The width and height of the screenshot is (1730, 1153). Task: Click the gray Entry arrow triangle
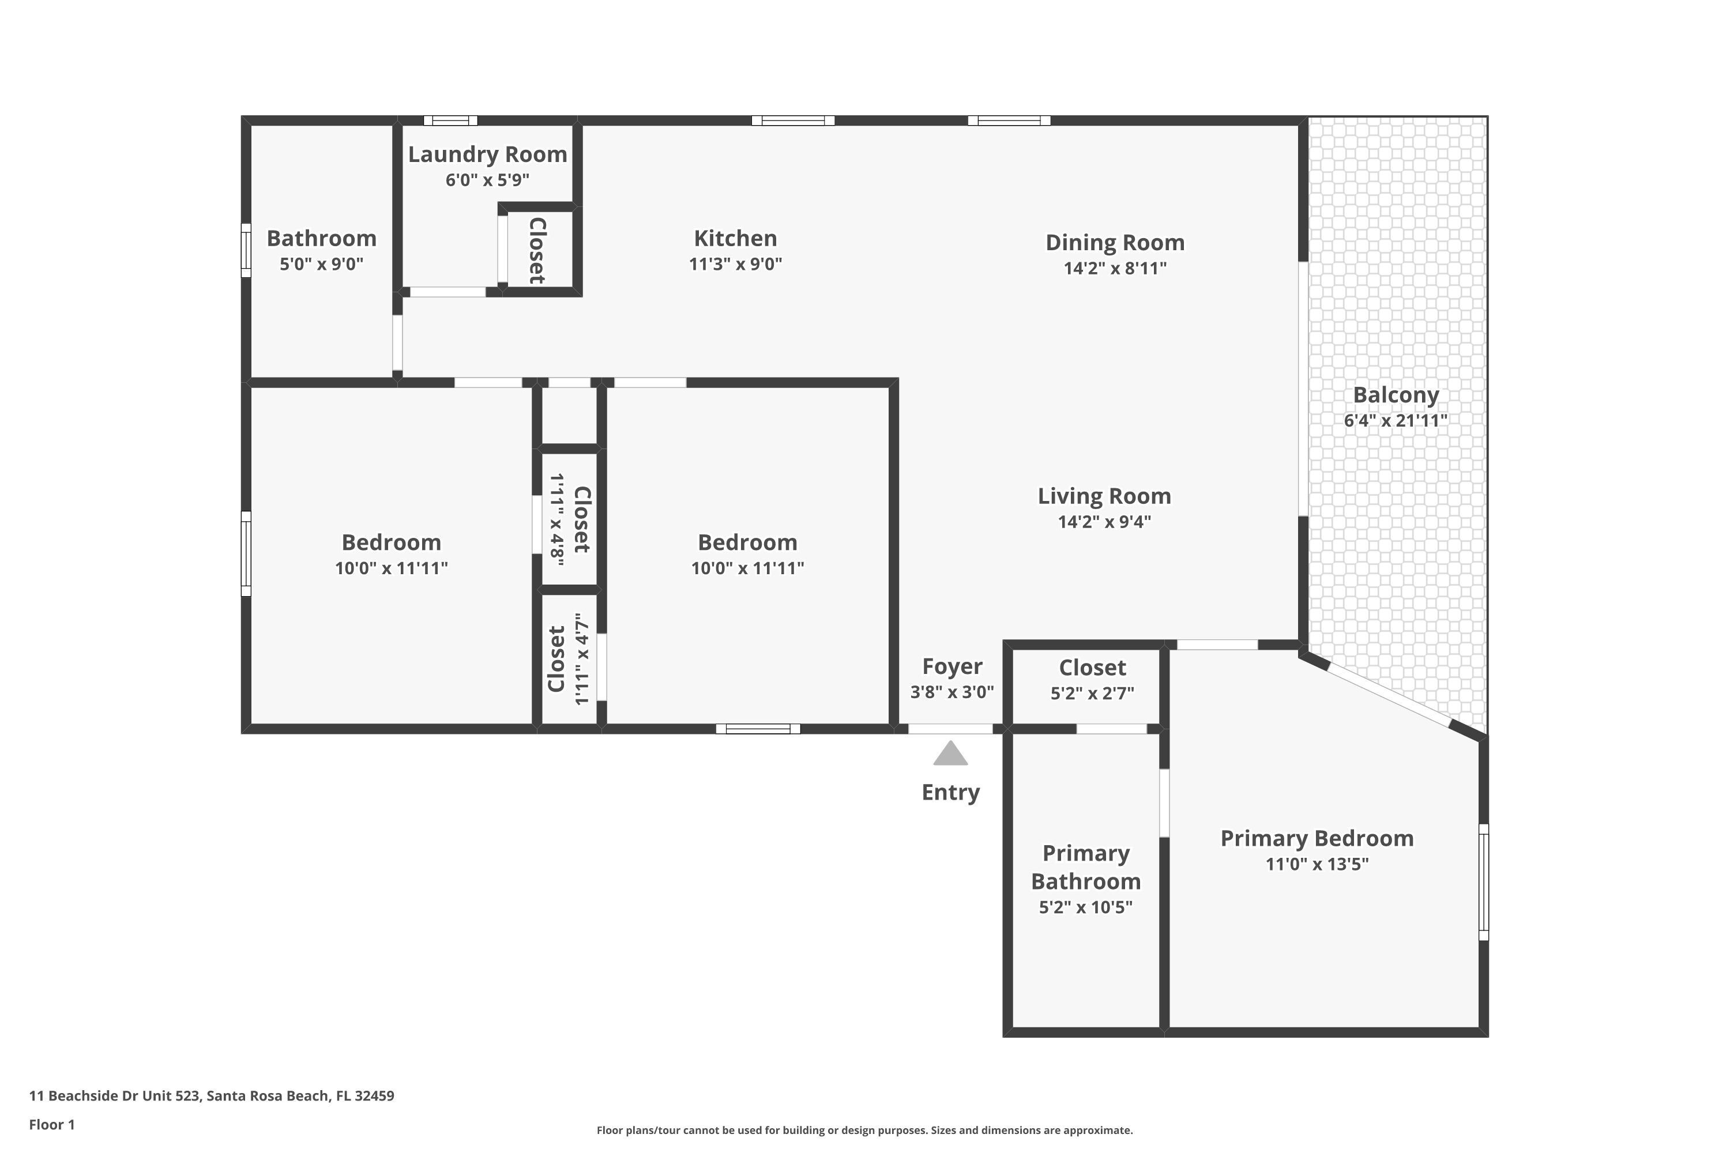click(x=950, y=755)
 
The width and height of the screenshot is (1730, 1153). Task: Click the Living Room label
click(x=1104, y=496)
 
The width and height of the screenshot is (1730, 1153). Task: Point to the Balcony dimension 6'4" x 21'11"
click(x=1396, y=421)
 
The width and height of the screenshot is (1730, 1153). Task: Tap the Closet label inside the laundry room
click(x=537, y=250)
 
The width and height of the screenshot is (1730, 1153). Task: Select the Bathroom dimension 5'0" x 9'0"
click(x=321, y=264)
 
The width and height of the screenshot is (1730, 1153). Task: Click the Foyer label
click(x=952, y=666)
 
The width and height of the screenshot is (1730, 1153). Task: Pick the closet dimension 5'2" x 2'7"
click(x=1092, y=694)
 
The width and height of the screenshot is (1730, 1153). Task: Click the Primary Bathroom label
click(x=1086, y=867)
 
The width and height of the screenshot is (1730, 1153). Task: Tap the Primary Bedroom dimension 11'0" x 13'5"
click(x=1316, y=864)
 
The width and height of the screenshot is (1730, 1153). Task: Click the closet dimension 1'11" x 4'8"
click(x=558, y=519)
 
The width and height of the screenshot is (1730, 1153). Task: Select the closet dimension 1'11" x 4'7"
click(x=582, y=659)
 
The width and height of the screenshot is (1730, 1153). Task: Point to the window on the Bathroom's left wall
click(x=246, y=250)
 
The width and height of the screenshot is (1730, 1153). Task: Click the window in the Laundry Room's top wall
click(x=450, y=120)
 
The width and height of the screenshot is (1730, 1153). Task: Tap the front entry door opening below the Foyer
click(x=950, y=729)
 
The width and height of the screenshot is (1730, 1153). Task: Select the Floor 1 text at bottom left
click(x=51, y=1124)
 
